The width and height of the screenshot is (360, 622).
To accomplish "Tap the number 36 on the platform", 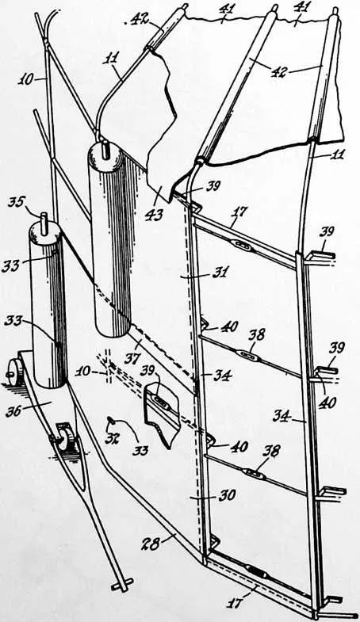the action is (x=15, y=411).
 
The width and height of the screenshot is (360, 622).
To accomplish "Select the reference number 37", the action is (x=132, y=358).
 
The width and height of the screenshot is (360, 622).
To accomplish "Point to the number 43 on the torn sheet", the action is (x=155, y=215).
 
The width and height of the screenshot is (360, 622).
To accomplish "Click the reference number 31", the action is (x=220, y=272).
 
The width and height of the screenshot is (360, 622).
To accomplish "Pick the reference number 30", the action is (x=227, y=495).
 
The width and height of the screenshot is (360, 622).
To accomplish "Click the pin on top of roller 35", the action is (x=44, y=219).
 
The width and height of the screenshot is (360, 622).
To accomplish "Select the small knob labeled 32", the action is (x=112, y=418).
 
